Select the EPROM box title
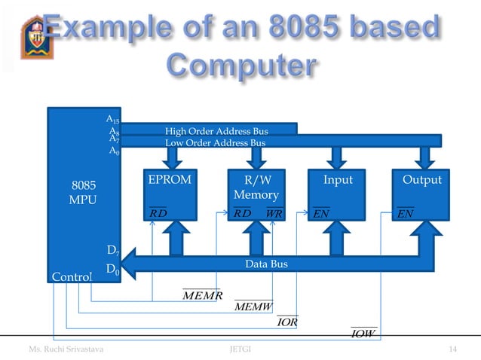click(x=170, y=181)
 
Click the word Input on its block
click(x=338, y=181)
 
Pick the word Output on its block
click(x=422, y=181)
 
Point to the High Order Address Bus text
click(x=216, y=132)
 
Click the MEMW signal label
click(x=253, y=307)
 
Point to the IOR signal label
click(x=287, y=322)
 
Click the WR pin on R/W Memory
click(x=274, y=213)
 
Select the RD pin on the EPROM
click(x=158, y=213)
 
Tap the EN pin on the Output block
click(x=406, y=214)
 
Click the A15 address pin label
click(x=112, y=120)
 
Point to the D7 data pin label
click(x=112, y=249)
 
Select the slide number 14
click(x=453, y=349)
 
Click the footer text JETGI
click(x=240, y=349)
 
